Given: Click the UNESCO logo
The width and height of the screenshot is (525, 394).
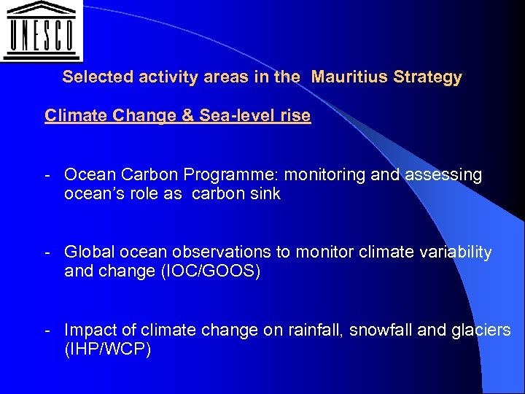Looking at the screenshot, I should [x=41, y=31].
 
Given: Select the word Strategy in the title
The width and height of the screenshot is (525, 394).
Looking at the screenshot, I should [x=427, y=77].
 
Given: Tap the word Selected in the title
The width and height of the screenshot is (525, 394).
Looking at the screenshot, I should [x=93, y=77].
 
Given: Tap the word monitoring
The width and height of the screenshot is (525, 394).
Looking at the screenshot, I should [x=317, y=175].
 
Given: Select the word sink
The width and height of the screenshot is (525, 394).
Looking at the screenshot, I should [x=265, y=194].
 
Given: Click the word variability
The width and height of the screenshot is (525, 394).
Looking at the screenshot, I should [x=451, y=252].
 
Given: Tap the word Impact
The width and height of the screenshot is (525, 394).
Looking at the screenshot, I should [x=87, y=331].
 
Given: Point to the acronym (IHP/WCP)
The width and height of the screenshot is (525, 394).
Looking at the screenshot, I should [x=108, y=349].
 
